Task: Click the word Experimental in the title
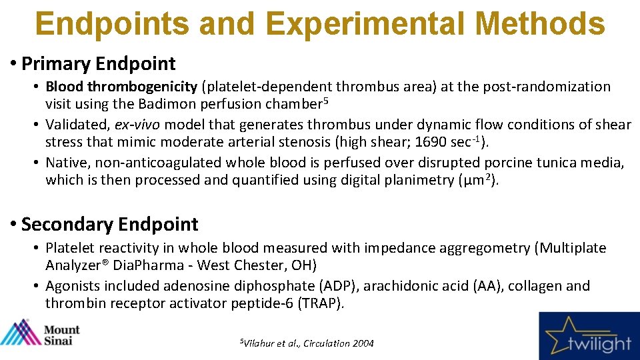pyautogui.click(x=371, y=24)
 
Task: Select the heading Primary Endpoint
pyautogui.click(x=98, y=64)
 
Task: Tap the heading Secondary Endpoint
pyautogui.click(x=109, y=225)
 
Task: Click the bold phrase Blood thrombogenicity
pyautogui.click(x=121, y=87)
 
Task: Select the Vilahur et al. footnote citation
pyautogui.click(x=306, y=343)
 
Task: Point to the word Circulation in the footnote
pyautogui.click(x=327, y=343)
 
